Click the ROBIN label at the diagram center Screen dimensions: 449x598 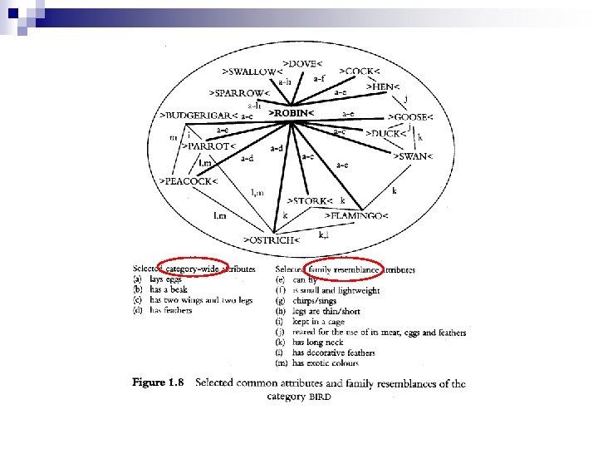(291, 112)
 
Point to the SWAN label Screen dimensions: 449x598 (414, 156)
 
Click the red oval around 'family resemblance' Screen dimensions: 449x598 (343, 269)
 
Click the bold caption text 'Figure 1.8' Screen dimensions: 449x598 (159, 383)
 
